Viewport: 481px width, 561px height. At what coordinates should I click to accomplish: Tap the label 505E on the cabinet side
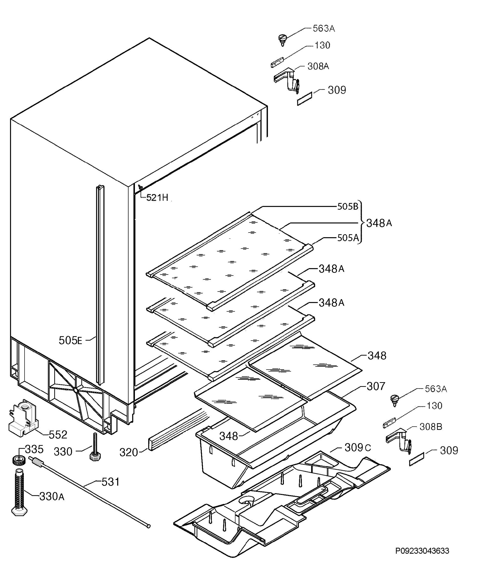pos(70,340)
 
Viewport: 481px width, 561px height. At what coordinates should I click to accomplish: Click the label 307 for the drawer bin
pos(376,386)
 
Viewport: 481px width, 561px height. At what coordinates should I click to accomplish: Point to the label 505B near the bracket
pos(347,207)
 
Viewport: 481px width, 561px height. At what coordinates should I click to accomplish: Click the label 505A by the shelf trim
pos(347,238)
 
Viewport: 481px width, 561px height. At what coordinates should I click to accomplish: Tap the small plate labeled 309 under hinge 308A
pos(305,99)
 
